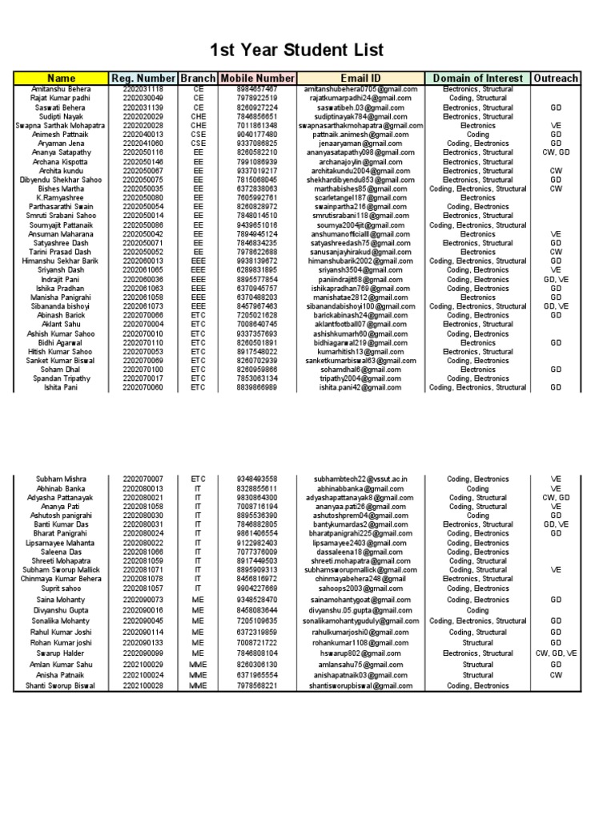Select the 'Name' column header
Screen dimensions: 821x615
[61, 78]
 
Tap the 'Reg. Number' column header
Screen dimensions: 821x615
[143, 78]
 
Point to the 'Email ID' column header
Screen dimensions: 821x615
[359, 78]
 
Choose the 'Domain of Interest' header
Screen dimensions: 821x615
[477, 78]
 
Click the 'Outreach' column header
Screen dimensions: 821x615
[556, 78]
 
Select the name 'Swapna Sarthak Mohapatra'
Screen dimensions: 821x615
[61, 126]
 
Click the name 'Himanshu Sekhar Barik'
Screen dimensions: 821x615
[61, 261]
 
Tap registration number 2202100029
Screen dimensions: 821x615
[143, 665]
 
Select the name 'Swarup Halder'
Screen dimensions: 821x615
[61, 653]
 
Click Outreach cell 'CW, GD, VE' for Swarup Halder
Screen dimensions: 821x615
[556, 653]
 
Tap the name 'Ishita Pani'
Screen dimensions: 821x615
[61, 387]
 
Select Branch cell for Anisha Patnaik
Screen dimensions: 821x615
[198, 675]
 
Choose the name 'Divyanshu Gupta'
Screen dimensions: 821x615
[61, 610]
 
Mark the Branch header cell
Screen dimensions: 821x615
[198, 78]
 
